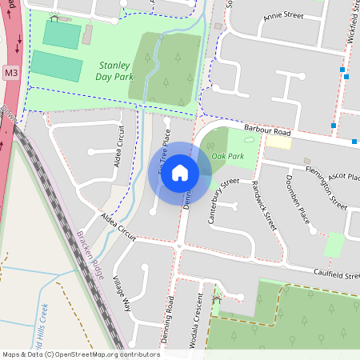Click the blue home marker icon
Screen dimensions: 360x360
[180, 173]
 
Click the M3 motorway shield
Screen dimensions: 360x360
[10, 74]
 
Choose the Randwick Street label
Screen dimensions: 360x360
[263, 206]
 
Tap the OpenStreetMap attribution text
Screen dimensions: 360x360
[81, 354]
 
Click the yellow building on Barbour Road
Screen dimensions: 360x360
[278, 142]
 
